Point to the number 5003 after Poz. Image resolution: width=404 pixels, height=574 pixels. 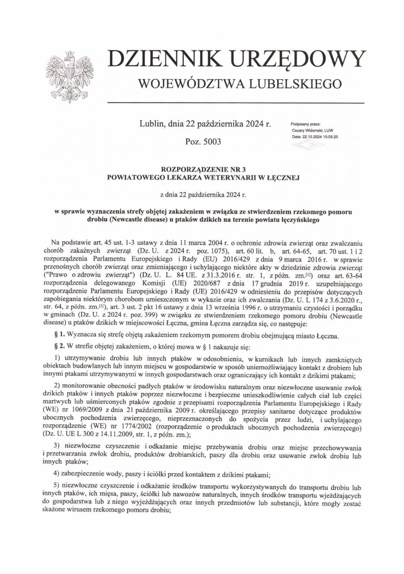pyautogui.click(x=211, y=141)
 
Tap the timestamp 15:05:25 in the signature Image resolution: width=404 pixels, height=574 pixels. pyautogui.click(x=331, y=136)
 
